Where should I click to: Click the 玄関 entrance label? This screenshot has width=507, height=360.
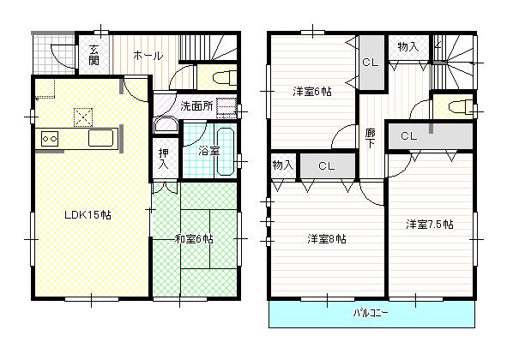pyautogui.click(x=93, y=55)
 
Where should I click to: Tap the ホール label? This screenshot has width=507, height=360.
pyautogui.click(x=148, y=56)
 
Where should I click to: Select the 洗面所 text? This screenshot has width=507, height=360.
pyautogui.click(x=196, y=106)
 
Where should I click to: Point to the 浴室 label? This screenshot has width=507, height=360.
pyautogui.click(x=208, y=151)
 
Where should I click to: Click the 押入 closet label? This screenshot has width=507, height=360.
pyautogui.click(x=163, y=159)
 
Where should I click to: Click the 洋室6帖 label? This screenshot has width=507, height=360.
pyautogui.click(x=311, y=91)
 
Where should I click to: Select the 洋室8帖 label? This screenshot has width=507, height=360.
pyautogui.click(x=326, y=239)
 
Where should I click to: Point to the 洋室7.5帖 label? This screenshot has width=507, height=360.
pyautogui.click(x=429, y=225)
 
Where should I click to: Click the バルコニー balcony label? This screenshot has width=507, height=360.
pyautogui.click(x=371, y=314)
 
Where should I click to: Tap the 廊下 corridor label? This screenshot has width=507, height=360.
pyautogui.click(x=370, y=138)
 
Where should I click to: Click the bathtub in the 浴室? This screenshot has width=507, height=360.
pyautogui.click(x=226, y=150)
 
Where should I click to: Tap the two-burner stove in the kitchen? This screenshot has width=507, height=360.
pyautogui.click(x=49, y=138)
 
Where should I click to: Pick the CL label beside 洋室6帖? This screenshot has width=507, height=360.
pyautogui.click(x=370, y=62)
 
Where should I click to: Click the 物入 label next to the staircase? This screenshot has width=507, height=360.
pyautogui.click(x=407, y=46)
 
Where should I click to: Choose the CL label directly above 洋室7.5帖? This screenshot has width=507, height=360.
pyautogui.click(x=408, y=135)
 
